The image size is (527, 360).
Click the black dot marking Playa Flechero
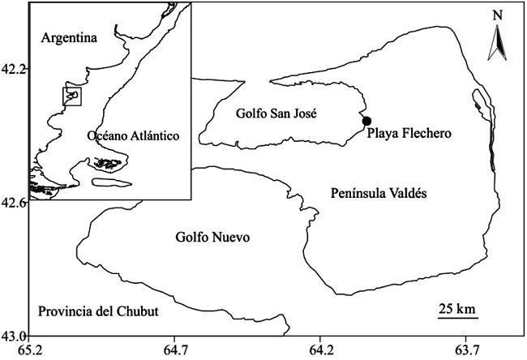(366, 122)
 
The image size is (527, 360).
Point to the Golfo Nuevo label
(211, 238)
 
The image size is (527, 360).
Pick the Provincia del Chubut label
(97, 311)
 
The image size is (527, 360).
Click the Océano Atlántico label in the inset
(131, 135)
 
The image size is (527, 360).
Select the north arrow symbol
(496, 45)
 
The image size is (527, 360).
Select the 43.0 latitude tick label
(14, 335)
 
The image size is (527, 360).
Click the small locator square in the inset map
(73, 96)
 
